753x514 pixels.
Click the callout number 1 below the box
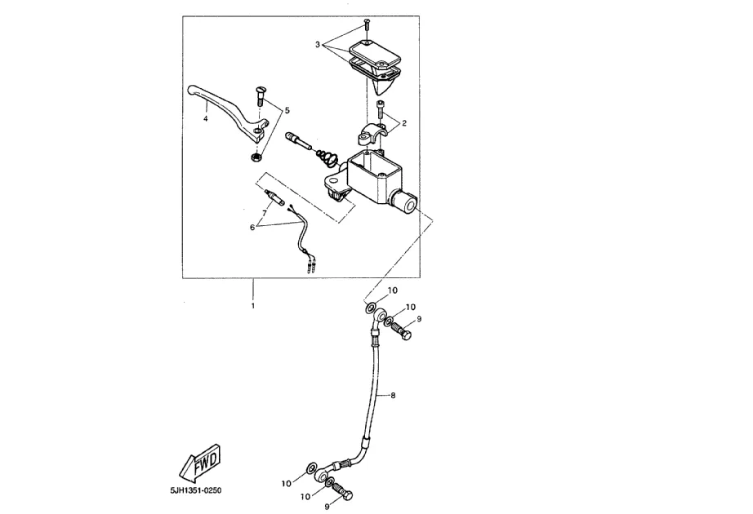(252, 306)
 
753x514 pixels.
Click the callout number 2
(403, 122)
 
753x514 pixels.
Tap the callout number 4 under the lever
(206, 119)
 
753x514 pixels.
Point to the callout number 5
(287, 109)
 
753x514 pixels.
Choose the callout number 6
(252, 228)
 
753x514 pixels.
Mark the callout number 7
(263, 211)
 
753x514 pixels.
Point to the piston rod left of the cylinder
(299, 143)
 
